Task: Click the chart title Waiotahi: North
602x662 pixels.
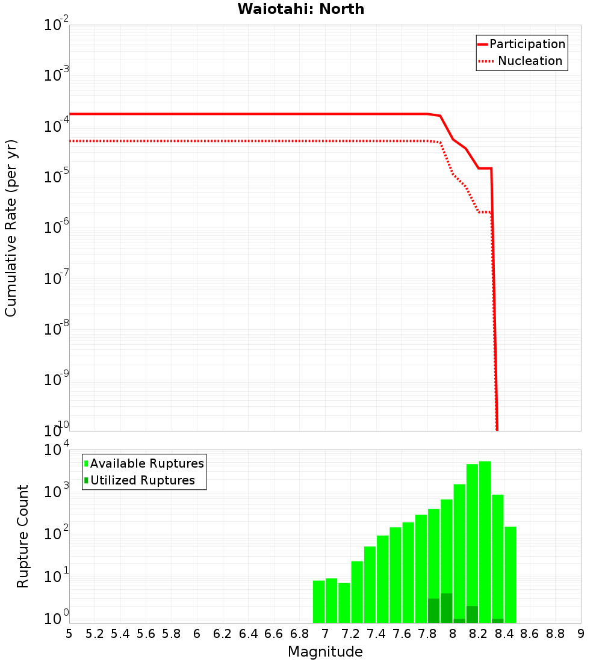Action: point(300,9)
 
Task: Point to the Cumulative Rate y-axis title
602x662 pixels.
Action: point(11,227)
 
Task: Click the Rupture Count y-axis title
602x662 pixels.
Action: point(23,536)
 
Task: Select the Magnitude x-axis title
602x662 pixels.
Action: point(325,652)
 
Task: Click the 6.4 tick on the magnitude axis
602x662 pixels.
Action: point(248,634)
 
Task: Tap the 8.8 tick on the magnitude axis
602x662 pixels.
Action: point(555,634)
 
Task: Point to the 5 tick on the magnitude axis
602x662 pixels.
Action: point(69,634)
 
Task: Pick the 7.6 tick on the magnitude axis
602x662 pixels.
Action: point(402,634)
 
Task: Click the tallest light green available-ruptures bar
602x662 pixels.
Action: point(485,542)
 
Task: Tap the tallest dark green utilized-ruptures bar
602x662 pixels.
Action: point(446,608)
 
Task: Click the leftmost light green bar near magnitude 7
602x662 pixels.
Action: point(318,602)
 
